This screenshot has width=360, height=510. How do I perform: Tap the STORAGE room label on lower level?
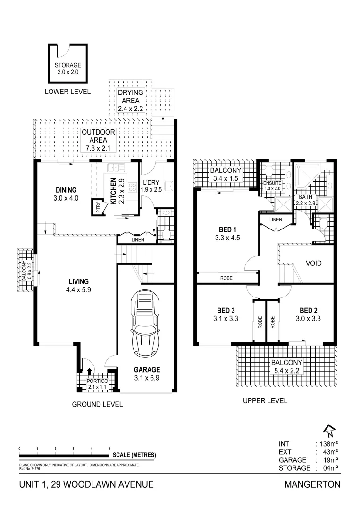68,65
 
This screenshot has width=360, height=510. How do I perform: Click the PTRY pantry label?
98,208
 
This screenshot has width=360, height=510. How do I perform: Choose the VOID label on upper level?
313,263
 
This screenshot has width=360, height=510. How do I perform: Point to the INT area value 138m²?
329,444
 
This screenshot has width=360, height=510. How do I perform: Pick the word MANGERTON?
312,485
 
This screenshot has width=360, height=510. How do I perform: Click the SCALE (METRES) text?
134,455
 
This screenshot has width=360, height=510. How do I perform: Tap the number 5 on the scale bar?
109,448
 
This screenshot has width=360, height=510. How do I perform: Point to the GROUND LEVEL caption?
97,404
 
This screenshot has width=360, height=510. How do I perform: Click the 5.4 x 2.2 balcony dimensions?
286,371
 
